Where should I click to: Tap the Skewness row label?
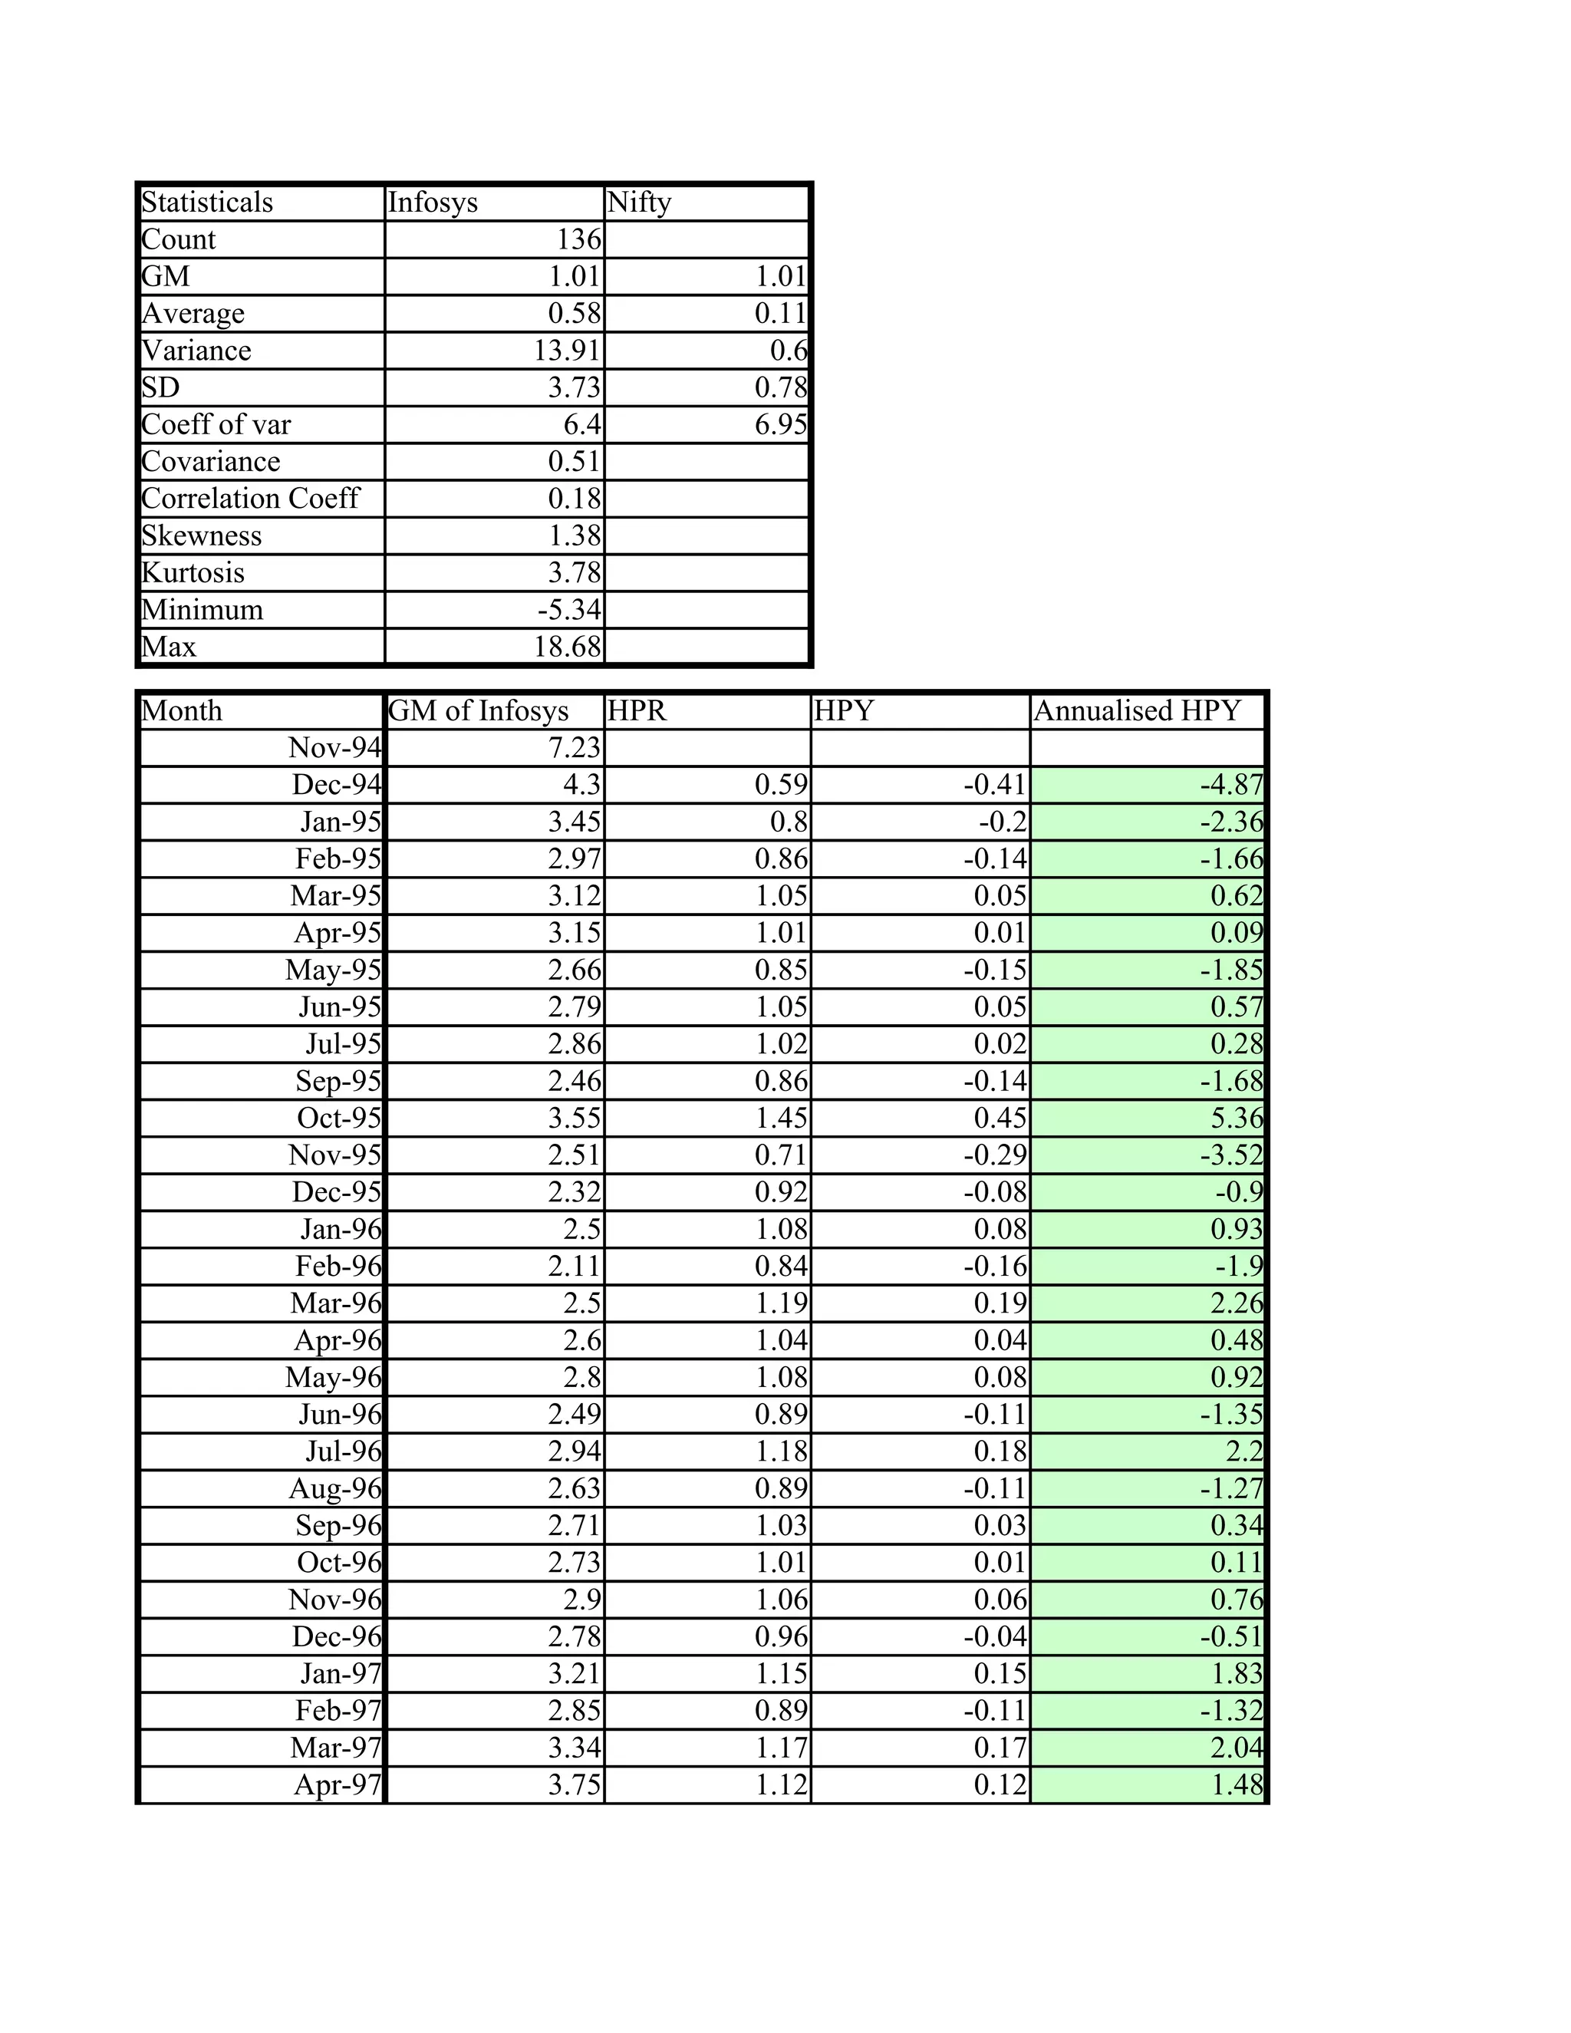pyautogui.click(x=202, y=536)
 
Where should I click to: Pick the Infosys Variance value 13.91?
pyautogui.click(x=567, y=351)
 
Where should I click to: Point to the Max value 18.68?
pyautogui.click(x=567, y=647)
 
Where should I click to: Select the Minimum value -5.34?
pyautogui.click(x=568, y=610)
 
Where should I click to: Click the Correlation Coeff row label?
pyautogui.click(x=249, y=499)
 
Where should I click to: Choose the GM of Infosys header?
pyautogui.click(x=479, y=711)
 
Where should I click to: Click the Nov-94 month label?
pyautogui.click(x=335, y=747)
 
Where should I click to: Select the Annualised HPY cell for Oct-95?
pyautogui.click(x=1236, y=1118)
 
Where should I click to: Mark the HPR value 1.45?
pyautogui.click(x=780, y=1118)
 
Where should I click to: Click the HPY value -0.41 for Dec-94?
pyautogui.click(x=994, y=785)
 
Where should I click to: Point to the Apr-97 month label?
pyautogui.click(x=337, y=1784)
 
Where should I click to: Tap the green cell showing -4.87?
pyautogui.click(x=1230, y=785)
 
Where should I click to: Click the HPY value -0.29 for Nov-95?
pyautogui.click(x=994, y=1155)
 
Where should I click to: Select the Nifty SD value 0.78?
pyautogui.click(x=780, y=388)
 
